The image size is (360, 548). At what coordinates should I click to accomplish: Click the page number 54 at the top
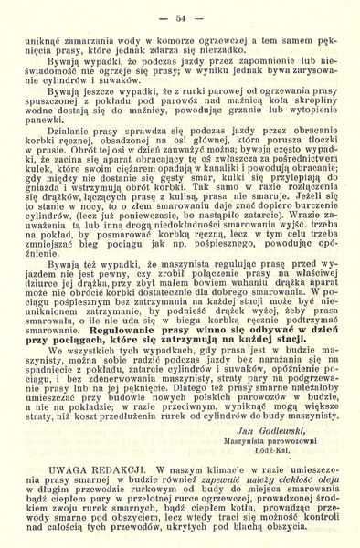click(x=179, y=16)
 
